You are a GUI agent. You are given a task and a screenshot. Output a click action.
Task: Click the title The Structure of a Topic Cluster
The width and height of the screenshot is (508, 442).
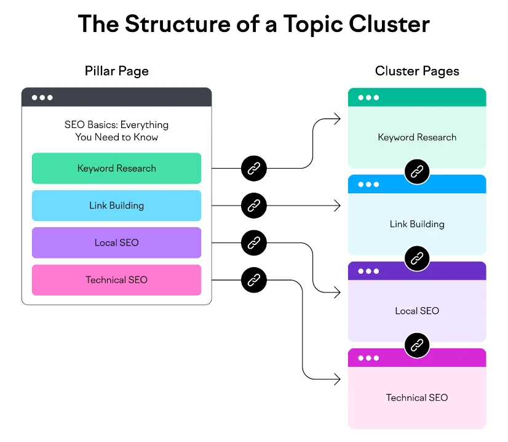point(254,25)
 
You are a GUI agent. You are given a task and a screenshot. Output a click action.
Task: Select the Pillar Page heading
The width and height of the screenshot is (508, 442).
point(116,71)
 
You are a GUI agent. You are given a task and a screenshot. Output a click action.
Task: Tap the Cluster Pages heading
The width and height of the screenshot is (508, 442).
point(417,71)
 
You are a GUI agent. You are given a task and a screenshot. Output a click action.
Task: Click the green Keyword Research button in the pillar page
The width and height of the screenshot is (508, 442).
point(116,168)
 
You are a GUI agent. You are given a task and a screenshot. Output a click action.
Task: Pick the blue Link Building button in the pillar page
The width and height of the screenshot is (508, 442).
point(116,206)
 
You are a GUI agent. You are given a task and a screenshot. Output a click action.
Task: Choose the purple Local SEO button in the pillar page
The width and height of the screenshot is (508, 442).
point(116,243)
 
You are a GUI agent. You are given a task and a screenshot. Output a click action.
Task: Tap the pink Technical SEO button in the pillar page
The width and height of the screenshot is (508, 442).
point(116,280)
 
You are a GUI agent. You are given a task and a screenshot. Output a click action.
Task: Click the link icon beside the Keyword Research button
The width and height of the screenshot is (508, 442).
point(253,168)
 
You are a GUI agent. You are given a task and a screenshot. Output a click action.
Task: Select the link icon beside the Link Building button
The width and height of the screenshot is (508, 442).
point(253,206)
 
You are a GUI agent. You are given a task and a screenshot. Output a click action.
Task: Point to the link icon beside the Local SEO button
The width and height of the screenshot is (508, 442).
point(253,243)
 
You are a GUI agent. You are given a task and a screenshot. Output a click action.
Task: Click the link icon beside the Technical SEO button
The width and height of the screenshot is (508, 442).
point(253,280)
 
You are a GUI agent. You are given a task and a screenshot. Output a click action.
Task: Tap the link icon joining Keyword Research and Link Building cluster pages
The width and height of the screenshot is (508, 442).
point(417,171)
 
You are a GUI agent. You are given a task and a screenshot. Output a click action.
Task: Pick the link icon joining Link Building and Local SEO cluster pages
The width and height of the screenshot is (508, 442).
point(417,257)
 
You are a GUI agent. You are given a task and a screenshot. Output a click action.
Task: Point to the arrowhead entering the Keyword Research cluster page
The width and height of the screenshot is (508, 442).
point(338,119)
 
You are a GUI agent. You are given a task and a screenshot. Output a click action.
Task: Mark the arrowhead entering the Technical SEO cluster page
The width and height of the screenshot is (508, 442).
point(338,379)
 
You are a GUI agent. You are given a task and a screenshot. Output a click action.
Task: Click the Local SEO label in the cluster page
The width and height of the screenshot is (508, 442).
point(417,311)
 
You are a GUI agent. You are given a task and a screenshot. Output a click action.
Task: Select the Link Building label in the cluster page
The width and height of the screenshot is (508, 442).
point(417,224)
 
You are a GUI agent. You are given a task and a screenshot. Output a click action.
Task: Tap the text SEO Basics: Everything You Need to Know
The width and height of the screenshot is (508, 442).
point(116,131)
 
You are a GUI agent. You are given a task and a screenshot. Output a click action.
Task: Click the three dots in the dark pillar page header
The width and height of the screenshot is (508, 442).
point(42,97)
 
